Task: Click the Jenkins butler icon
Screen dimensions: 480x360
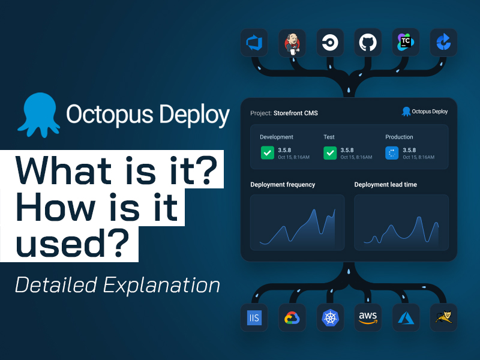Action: (x=292, y=43)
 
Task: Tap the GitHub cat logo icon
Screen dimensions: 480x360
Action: (x=368, y=43)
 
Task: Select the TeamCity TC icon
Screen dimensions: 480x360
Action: (x=406, y=42)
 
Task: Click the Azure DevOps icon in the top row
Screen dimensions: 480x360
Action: (x=254, y=43)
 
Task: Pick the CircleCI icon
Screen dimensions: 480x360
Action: (x=330, y=43)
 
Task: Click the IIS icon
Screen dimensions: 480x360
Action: (x=254, y=318)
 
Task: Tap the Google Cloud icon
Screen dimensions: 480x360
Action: (x=292, y=318)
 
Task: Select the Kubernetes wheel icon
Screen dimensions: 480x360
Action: (x=330, y=317)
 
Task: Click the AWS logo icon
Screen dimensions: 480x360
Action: (x=368, y=318)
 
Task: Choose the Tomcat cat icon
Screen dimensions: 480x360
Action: (x=443, y=317)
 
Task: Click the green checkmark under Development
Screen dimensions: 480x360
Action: (x=267, y=153)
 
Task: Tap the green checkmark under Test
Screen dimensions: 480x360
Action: (x=330, y=153)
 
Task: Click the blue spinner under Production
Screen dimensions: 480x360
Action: (x=392, y=153)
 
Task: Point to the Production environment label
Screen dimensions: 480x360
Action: (x=399, y=137)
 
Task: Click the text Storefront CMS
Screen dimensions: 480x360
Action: (x=295, y=113)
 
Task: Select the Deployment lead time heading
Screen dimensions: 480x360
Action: (x=385, y=184)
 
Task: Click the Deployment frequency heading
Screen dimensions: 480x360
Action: (x=283, y=185)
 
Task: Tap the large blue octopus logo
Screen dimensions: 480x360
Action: (x=39, y=115)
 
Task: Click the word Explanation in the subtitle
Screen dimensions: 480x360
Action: (x=161, y=286)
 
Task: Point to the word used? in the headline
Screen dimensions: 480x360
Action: (x=73, y=244)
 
